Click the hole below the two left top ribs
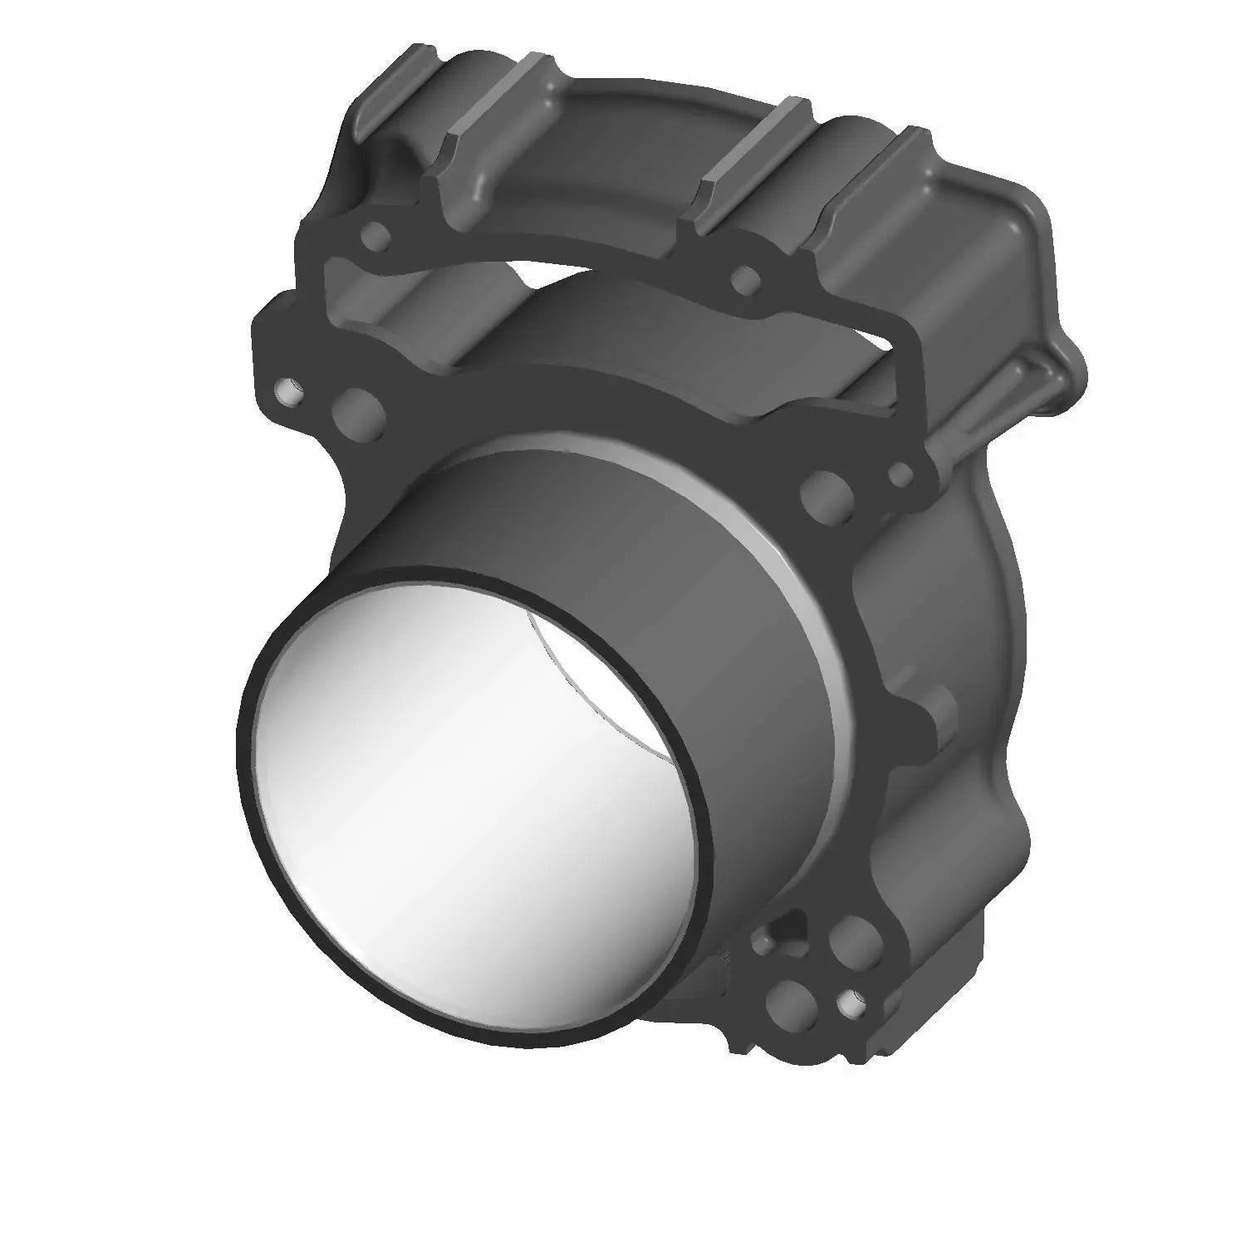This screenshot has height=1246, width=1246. click(x=378, y=237)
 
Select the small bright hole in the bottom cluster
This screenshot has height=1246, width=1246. click(x=849, y=1003)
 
